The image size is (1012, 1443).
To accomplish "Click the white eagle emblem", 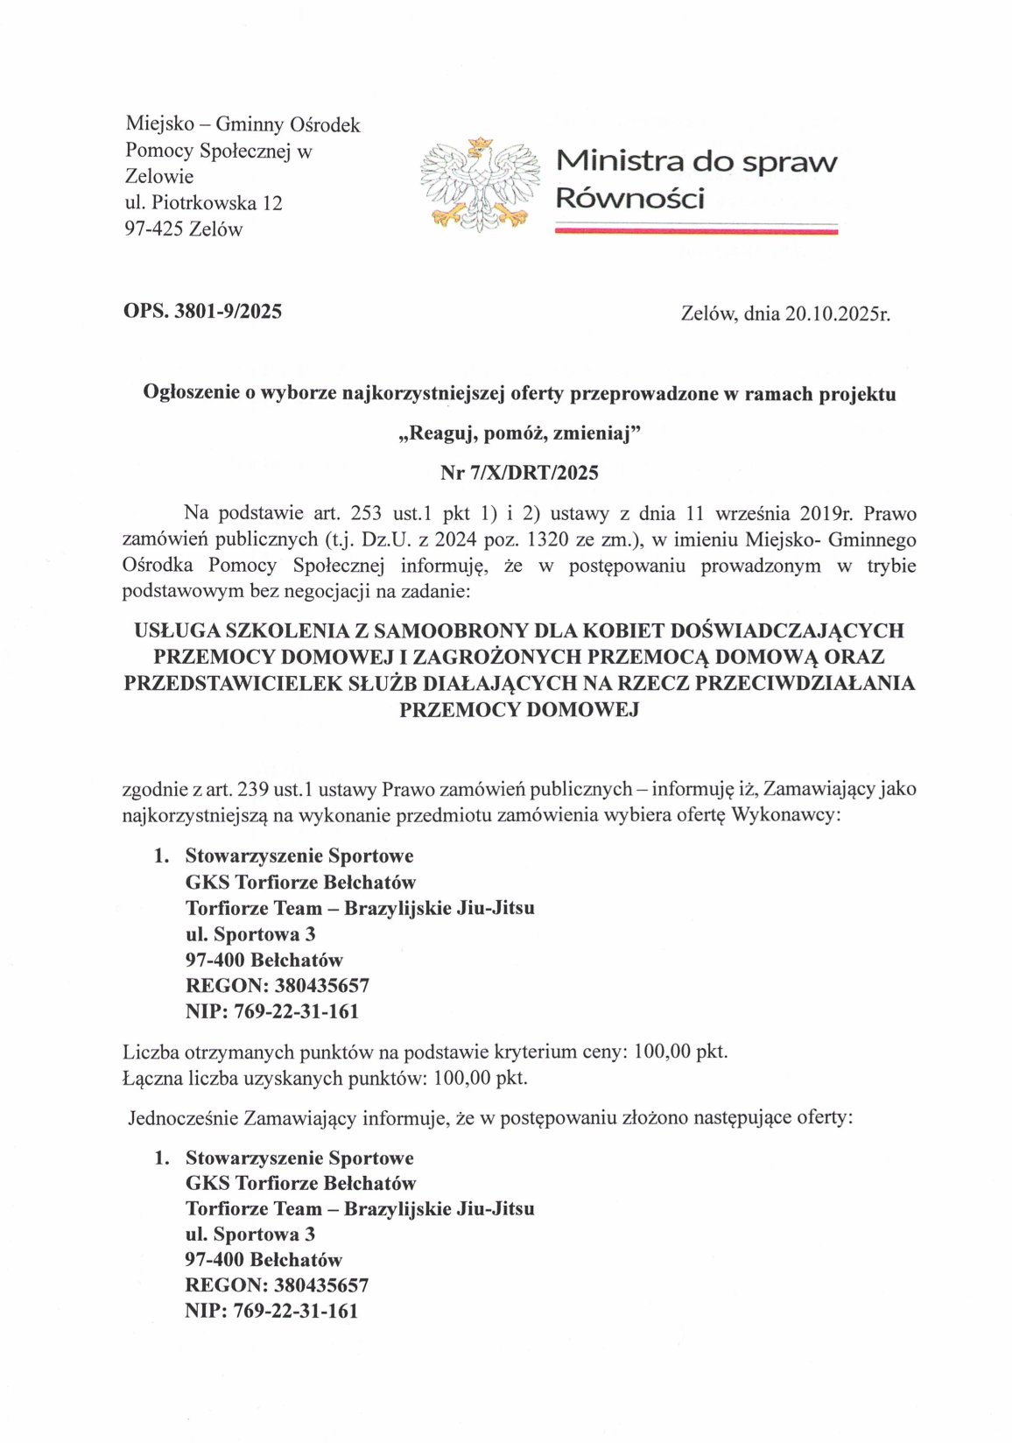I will tap(480, 185).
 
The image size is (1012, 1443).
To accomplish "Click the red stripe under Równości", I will tap(696, 230).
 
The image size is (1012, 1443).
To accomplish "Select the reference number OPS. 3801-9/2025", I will tap(202, 311).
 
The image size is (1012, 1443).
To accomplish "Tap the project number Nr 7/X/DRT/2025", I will tap(519, 473).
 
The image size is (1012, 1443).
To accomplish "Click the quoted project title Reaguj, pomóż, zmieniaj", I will tap(519, 433).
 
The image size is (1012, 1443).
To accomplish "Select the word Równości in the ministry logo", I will tap(629, 199).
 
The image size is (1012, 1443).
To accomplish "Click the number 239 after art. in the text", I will tap(253, 789).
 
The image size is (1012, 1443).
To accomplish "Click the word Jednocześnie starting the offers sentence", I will tap(183, 1117).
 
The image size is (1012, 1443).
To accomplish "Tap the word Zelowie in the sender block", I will tap(159, 177).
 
